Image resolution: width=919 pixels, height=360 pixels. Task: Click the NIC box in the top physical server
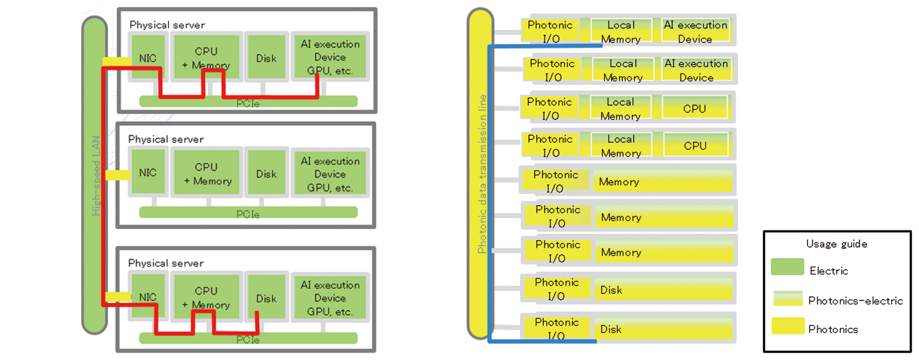point(148,57)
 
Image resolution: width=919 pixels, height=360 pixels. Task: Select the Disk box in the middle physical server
point(266,173)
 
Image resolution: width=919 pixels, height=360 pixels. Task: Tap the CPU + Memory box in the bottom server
point(206,298)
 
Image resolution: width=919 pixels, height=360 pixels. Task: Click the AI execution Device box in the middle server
point(330,174)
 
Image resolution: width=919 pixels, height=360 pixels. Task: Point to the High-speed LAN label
point(96,175)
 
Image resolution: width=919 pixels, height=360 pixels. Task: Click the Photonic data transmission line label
point(481,174)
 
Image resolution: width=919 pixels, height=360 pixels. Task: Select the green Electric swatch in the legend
point(787,267)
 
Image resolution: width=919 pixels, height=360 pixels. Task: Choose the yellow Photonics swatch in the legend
point(788,326)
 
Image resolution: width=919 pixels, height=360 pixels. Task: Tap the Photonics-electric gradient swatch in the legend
point(788,298)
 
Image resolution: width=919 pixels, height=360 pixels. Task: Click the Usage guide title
point(836,244)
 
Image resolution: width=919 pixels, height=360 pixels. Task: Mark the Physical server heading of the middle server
point(166,140)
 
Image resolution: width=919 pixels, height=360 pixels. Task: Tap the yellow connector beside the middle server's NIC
point(117,175)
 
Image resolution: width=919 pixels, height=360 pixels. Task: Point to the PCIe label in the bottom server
point(248,340)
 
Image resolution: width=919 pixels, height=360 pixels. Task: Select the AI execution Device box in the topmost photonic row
point(695,31)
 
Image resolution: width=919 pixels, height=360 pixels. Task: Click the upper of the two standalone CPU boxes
point(695,108)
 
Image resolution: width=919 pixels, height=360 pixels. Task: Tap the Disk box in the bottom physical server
point(266,298)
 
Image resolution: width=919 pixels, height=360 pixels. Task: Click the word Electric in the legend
point(829,271)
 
